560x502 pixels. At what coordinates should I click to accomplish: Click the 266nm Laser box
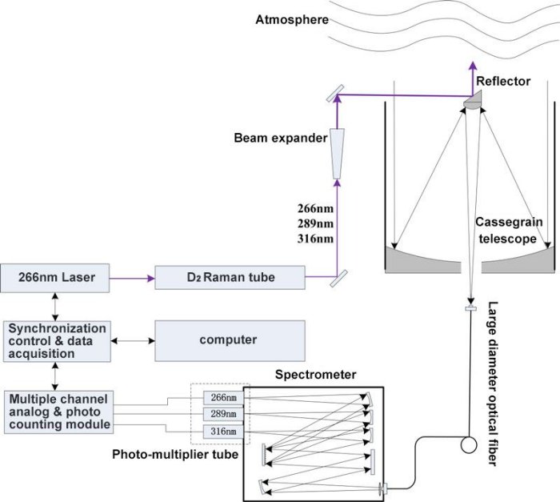click(54, 278)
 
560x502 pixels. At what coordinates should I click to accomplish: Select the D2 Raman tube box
click(230, 278)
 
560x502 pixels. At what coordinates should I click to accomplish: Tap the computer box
click(230, 339)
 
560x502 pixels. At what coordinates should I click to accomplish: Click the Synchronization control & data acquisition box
click(54, 341)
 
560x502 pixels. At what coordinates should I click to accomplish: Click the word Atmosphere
click(291, 19)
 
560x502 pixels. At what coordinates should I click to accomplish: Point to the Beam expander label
click(281, 138)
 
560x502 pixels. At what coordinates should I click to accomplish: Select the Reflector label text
click(503, 81)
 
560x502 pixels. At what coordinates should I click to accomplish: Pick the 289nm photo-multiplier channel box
click(220, 414)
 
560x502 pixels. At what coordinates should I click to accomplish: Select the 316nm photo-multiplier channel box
click(220, 432)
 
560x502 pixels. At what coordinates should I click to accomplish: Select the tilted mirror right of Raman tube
click(336, 277)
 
